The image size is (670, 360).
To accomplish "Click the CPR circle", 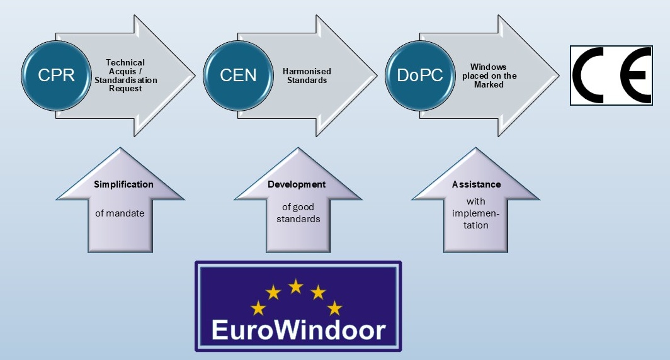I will pos(56,76).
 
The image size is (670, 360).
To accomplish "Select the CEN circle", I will pos(238,76).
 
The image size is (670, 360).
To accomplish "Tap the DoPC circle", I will pos(420,76).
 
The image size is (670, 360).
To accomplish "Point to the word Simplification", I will pos(123,184).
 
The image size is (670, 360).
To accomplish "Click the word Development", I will pos(297,184).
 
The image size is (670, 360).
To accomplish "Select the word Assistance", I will pos(477,184).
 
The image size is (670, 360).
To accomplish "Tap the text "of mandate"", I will pos(120,213).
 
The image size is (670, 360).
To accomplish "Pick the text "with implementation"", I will pos(477,213).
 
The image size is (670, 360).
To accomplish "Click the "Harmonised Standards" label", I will pos(307,76).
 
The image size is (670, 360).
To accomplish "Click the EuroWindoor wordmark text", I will pos(298,330).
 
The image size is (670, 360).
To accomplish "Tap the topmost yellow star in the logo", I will pos(295,286).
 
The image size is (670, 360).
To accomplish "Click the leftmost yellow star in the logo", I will pos(258,308).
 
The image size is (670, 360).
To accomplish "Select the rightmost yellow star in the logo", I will pos(334,308).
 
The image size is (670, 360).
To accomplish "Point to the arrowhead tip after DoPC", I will pos(557,76).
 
